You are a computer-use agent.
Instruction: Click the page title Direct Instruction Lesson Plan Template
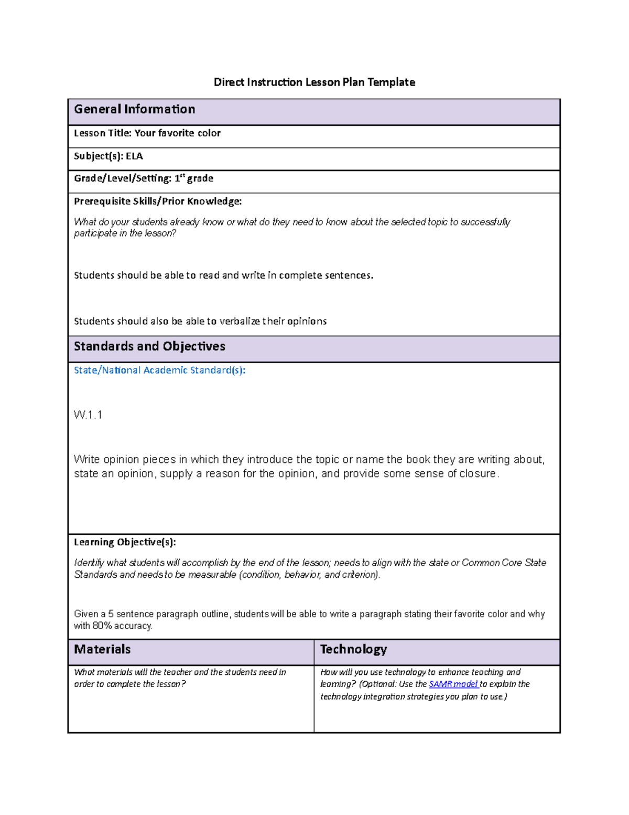(314, 82)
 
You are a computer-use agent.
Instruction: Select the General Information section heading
(134, 109)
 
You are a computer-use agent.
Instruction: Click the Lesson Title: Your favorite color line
(147, 133)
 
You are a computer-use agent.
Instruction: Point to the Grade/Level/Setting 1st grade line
(143, 178)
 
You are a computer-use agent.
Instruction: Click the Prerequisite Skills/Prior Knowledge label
(158, 201)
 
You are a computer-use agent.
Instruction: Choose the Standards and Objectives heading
(149, 346)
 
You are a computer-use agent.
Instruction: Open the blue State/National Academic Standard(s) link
(159, 370)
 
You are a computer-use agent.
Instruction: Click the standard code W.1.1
(88, 415)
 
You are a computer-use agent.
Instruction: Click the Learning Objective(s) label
(125, 542)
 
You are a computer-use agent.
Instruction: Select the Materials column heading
(102, 650)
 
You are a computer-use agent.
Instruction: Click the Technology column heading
(353, 650)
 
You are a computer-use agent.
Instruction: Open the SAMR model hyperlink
(453, 684)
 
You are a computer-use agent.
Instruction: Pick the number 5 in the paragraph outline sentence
(111, 614)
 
